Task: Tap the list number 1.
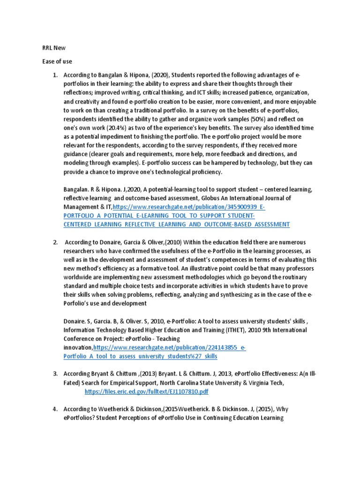click(x=54, y=75)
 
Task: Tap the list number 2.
click(x=54, y=242)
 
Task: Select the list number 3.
click(x=54, y=373)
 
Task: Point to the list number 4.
click(x=54, y=409)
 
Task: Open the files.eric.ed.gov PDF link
click(x=146, y=391)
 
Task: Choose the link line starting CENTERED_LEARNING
click(x=176, y=224)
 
